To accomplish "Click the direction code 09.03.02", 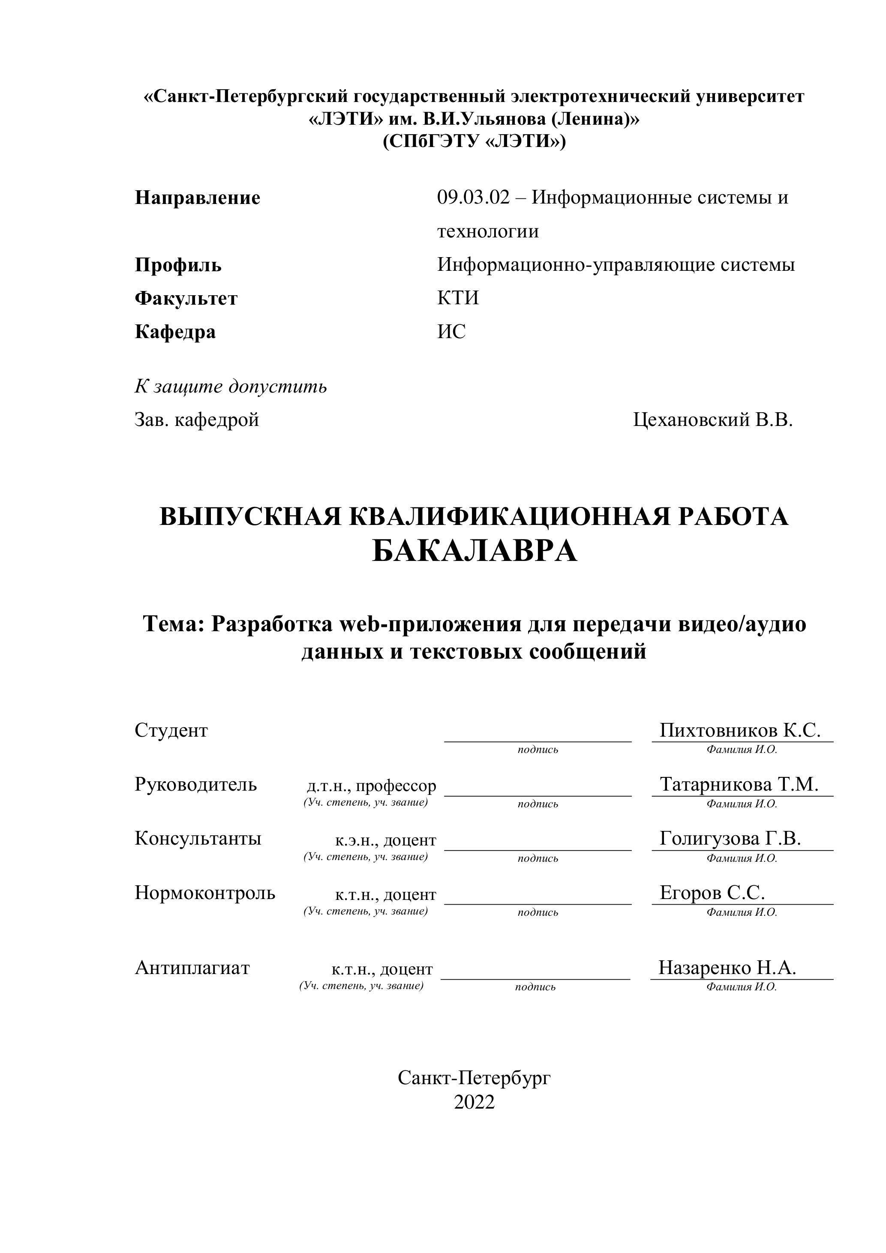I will pos(473,198).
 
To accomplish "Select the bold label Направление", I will pos(197,198).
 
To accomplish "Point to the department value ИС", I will pos(451,331).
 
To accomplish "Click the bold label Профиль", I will pos(178,265).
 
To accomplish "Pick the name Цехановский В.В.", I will pos(712,420).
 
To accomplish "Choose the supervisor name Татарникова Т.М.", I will pos(739,784).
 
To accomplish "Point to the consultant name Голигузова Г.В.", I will pos(730,838).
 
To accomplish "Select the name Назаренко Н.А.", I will pos(727,968).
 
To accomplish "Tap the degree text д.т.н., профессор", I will pos(371,786).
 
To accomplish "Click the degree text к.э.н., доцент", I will pos(385,840).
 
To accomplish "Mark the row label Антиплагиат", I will pos(192,968).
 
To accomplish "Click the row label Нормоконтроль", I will pos(205,892).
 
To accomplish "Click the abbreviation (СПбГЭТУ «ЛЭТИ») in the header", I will pos(474,141).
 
